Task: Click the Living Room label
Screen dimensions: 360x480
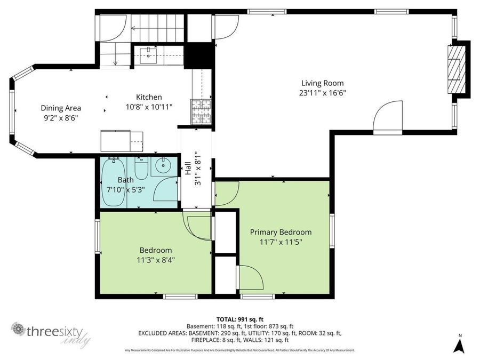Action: click(322, 83)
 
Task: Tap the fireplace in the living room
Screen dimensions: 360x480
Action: click(455, 69)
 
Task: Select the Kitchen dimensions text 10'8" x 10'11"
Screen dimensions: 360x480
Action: click(149, 107)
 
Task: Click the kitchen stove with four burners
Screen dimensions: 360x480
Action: click(201, 111)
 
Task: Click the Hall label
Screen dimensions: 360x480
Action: click(188, 170)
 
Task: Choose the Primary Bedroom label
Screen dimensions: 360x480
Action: click(281, 232)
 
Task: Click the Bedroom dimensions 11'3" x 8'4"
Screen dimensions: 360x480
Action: click(156, 260)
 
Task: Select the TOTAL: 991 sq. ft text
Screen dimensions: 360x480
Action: click(239, 318)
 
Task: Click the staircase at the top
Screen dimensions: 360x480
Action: click(157, 24)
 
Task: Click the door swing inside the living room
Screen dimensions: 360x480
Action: click(387, 117)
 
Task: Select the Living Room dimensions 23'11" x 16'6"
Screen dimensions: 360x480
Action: click(322, 93)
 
